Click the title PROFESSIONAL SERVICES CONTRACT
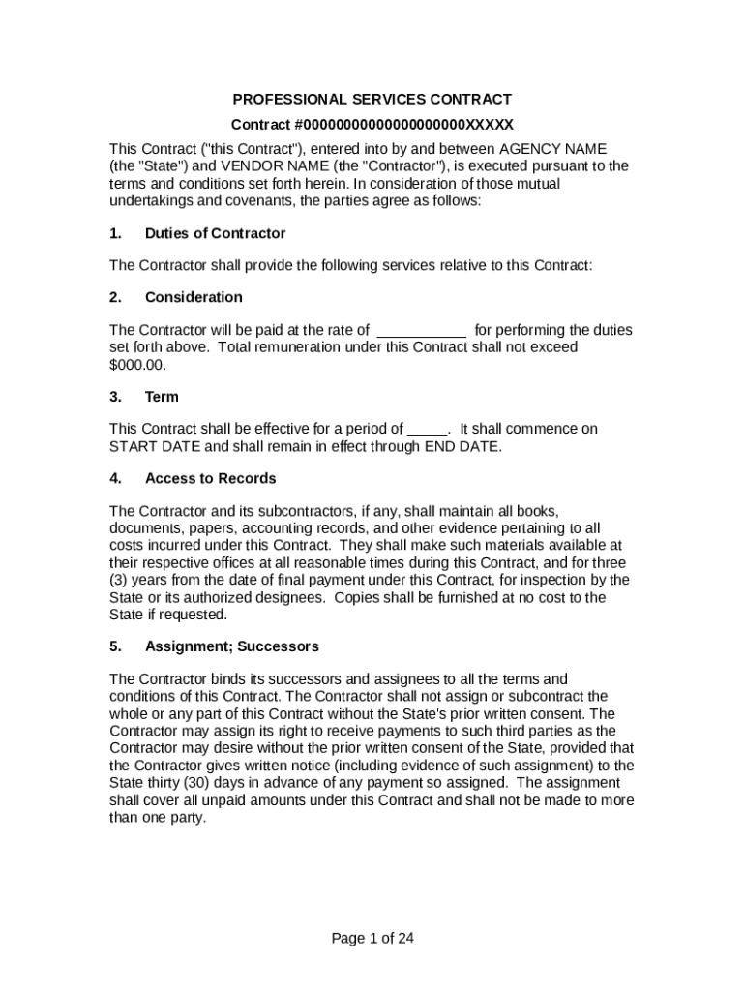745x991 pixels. (372, 100)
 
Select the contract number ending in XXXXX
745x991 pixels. (372, 125)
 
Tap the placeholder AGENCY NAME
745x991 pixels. (552, 149)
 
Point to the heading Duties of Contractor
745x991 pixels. (215, 233)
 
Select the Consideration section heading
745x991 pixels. (194, 297)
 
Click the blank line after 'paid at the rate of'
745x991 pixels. (421, 331)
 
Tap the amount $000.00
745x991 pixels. (137, 365)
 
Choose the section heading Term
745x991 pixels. (162, 397)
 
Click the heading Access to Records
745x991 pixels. (210, 478)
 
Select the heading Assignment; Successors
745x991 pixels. (231, 646)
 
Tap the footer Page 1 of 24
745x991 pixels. (372, 938)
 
